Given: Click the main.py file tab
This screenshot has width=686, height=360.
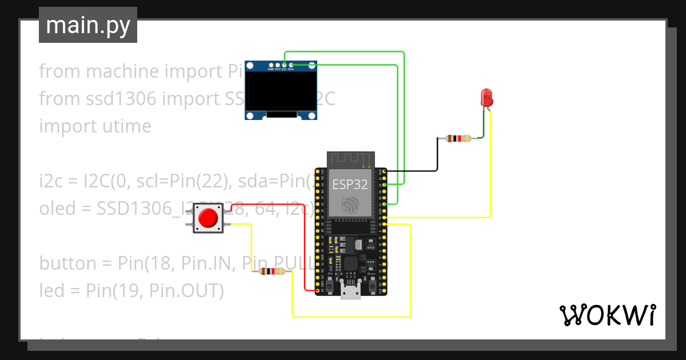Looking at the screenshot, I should click(87, 25).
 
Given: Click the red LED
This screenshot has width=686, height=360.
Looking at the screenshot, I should click(486, 97).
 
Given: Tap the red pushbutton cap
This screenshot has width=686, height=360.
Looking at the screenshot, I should click(208, 218).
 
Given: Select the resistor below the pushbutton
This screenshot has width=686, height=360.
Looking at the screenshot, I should click(272, 272).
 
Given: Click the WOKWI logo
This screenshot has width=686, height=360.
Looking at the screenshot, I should click(607, 315).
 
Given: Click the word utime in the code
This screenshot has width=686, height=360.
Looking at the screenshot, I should click(123, 126).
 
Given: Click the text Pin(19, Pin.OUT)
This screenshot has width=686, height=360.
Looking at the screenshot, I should click(154, 291).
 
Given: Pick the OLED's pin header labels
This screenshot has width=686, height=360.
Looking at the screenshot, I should click(281, 69).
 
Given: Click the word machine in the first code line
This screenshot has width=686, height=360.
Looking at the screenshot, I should click(123, 71).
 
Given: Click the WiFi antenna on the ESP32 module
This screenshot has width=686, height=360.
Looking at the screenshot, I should click(350, 159).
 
